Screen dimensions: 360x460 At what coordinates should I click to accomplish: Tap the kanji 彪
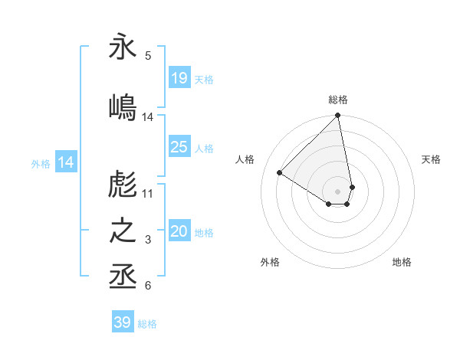pyautogui.click(x=123, y=184)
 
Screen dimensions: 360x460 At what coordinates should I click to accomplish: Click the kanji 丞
pyautogui.click(x=123, y=276)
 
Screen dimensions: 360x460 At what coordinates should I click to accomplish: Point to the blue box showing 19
pyautogui.click(x=179, y=78)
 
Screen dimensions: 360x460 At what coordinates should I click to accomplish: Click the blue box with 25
pyautogui.click(x=179, y=147)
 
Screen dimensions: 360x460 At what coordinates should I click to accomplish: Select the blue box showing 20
pyautogui.click(x=179, y=232)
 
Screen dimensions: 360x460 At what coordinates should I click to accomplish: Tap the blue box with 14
pyautogui.click(x=66, y=162)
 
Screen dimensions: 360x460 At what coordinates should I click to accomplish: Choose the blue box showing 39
pyautogui.click(x=123, y=322)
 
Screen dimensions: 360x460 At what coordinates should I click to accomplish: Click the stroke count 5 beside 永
pyautogui.click(x=148, y=55)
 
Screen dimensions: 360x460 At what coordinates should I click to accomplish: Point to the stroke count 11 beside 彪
pyautogui.click(x=148, y=193)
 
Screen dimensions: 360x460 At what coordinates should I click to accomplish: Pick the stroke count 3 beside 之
pyautogui.click(x=148, y=241)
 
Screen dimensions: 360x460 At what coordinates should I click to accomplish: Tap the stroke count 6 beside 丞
pyautogui.click(x=148, y=286)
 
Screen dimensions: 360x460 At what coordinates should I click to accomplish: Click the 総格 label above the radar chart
pyautogui.click(x=338, y=100)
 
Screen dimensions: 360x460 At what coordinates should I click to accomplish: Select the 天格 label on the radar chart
pyautogui.click(x=431, y=159)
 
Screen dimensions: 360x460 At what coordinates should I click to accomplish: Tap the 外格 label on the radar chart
pyautogui.click(x=270, y=262)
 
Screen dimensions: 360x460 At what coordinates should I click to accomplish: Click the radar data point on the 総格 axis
pyautogui.click(x=338, y=116)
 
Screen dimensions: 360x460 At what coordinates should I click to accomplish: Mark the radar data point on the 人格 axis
pyautogui.click(x=279, y=173)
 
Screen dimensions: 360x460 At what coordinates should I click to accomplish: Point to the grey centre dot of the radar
pyautogui.click(x=338, y=191)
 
